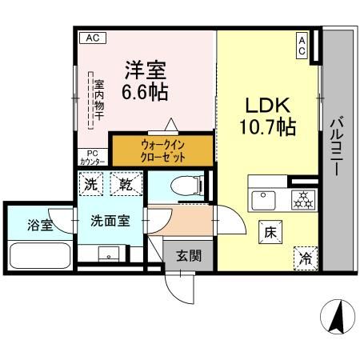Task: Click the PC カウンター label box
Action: [x=91, y=158]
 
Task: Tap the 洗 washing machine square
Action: [x=93, y=185]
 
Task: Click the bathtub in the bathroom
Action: [x=40, y=256]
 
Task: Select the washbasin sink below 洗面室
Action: [x=106, y=254]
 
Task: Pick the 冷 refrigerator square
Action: [x=305, y=258]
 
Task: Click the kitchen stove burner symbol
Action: [x=303, y=198]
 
